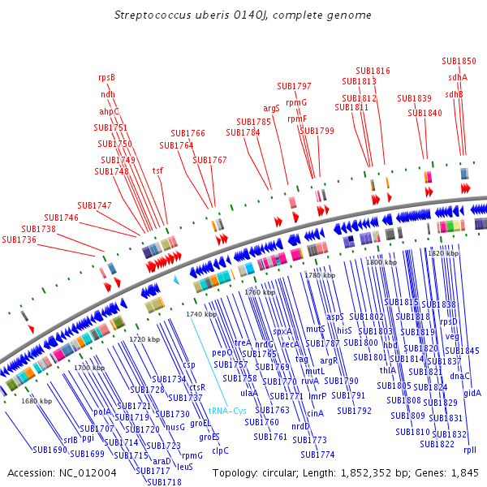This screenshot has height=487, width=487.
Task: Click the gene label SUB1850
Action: [x=459, y=61]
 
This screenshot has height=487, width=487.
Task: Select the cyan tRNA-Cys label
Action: [x=227, y=411]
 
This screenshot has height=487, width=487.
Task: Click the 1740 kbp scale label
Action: [x=201, y=314]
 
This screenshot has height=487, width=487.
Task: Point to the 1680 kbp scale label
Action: [x=37, y=401]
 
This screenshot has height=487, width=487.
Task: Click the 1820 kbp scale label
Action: [x=442, y=253]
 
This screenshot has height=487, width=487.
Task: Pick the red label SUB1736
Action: [x=19, y=239]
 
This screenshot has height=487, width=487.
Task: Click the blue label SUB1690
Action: [x=50, y=449]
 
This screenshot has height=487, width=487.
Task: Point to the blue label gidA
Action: [x=472, y=393]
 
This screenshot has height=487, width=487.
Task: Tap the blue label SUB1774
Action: [x=318, y=454]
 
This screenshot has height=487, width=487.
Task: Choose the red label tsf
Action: [x=157, y=170]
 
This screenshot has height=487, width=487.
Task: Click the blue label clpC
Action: [x=220, y=450]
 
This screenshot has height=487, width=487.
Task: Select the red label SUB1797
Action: [x=294, y=86]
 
